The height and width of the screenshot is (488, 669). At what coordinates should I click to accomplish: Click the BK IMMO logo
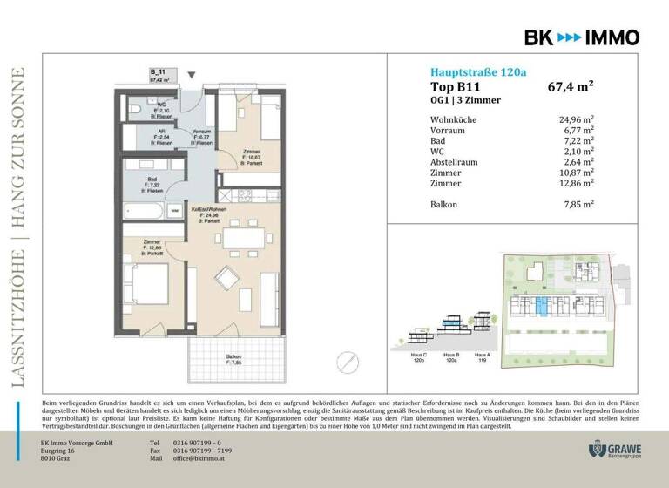pyautogui.click(x=581, y=37)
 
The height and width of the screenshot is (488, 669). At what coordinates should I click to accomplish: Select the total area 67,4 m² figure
pyautogui.click(x=570, y=86)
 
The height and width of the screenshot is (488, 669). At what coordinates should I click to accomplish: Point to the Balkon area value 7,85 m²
pyautogui.click(x=576, y=204)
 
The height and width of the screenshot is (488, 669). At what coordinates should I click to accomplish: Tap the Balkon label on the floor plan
pyautogui.click(x=233, y=357)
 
